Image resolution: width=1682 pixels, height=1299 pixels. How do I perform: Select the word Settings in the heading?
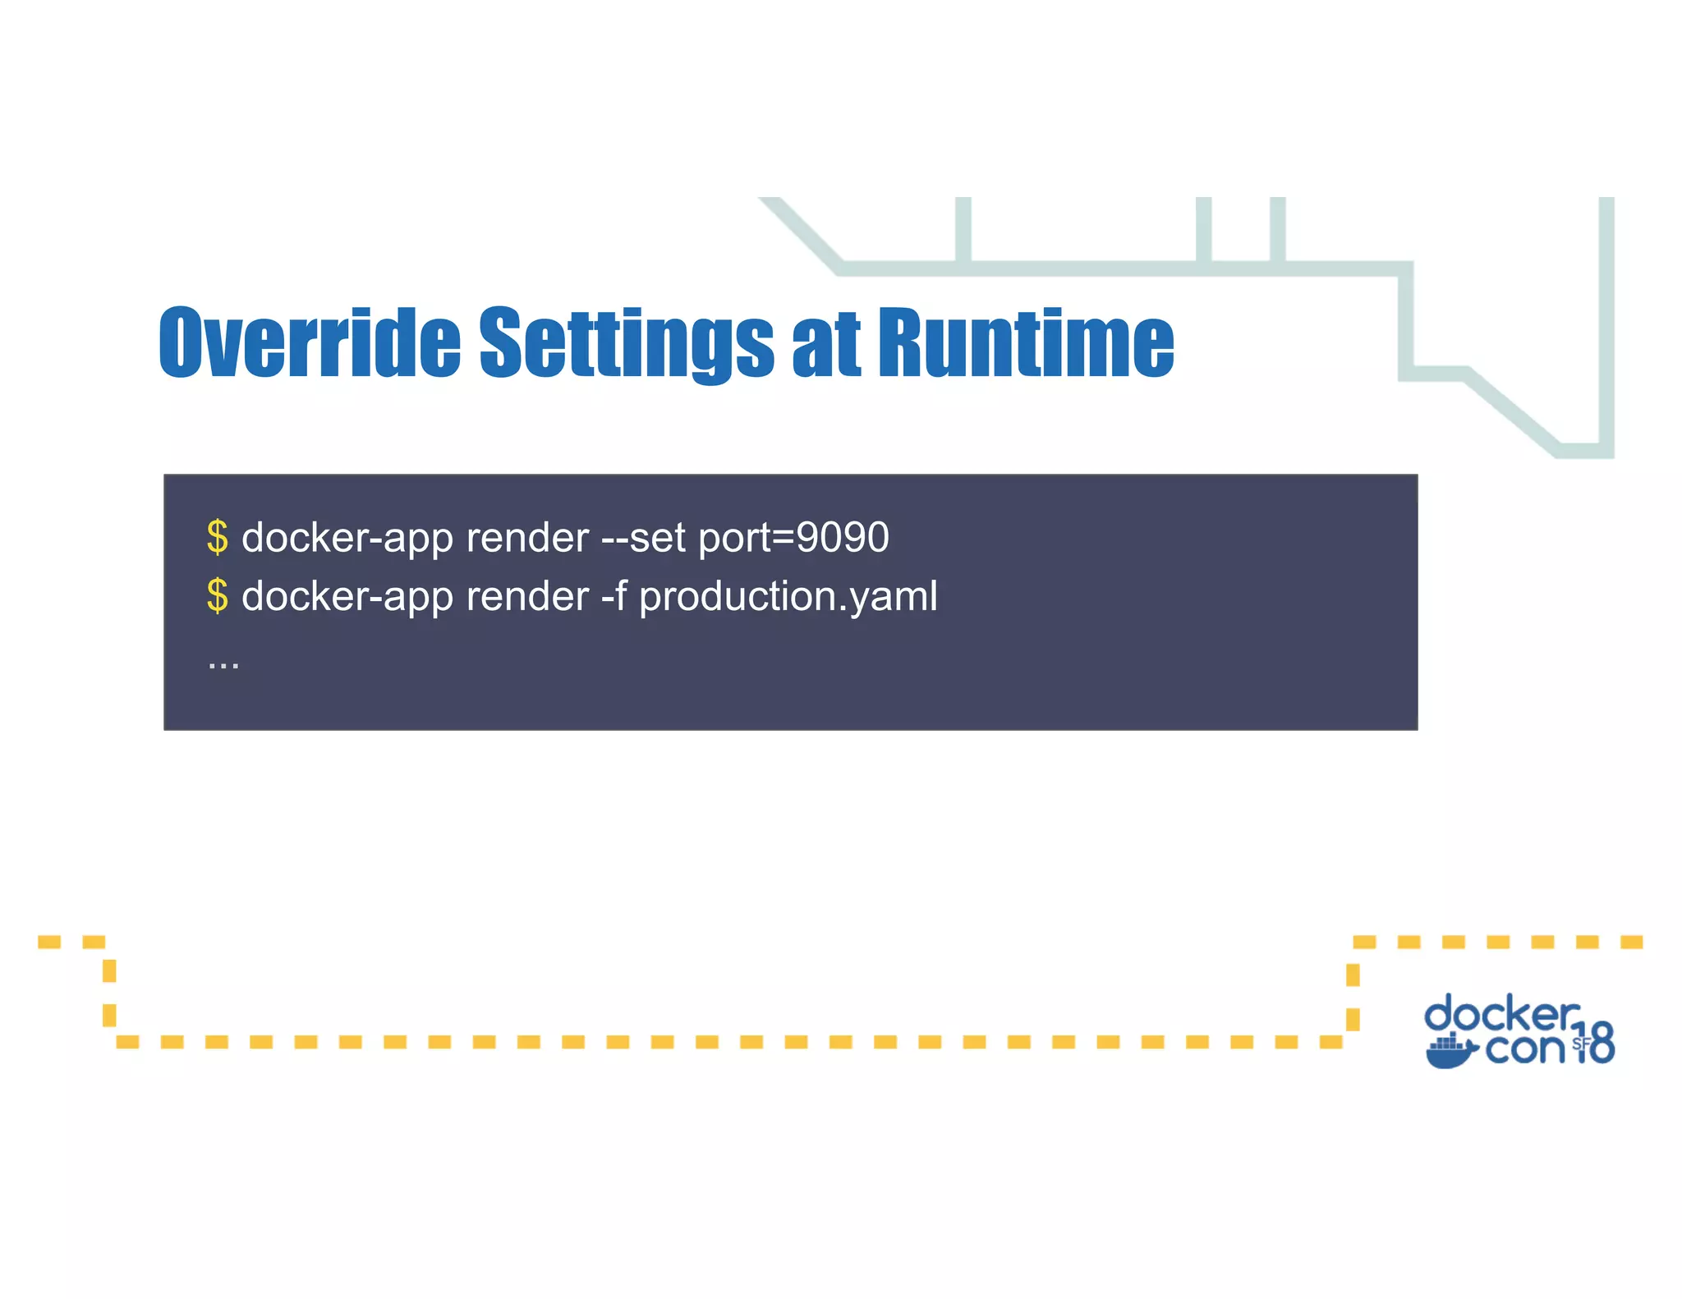[626, 342]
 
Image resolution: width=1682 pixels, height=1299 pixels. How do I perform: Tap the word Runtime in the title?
[1026, 342]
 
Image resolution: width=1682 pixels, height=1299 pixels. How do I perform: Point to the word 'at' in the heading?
[826, 345]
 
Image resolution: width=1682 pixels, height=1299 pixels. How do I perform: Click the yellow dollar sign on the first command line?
[217, 538]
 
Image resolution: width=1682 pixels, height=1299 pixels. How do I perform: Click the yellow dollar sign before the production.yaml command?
[217, 596]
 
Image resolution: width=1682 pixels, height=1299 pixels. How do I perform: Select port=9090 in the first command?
[793, 539]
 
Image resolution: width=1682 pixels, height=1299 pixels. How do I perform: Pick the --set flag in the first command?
[643, 539]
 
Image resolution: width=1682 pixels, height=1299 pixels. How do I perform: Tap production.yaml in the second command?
[788, 597]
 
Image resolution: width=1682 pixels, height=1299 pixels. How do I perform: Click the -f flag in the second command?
[614, 596]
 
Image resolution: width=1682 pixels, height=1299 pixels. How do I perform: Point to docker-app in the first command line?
[347, 539]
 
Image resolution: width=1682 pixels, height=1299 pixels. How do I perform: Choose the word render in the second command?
[527, 597]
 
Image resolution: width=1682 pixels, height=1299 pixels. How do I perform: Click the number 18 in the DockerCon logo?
[1594, 1044]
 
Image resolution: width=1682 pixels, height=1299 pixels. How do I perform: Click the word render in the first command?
[527, 539]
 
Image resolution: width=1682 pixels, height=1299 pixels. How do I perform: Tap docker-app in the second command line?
[347, 597]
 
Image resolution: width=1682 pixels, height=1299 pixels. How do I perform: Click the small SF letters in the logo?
[1581, 1044]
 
